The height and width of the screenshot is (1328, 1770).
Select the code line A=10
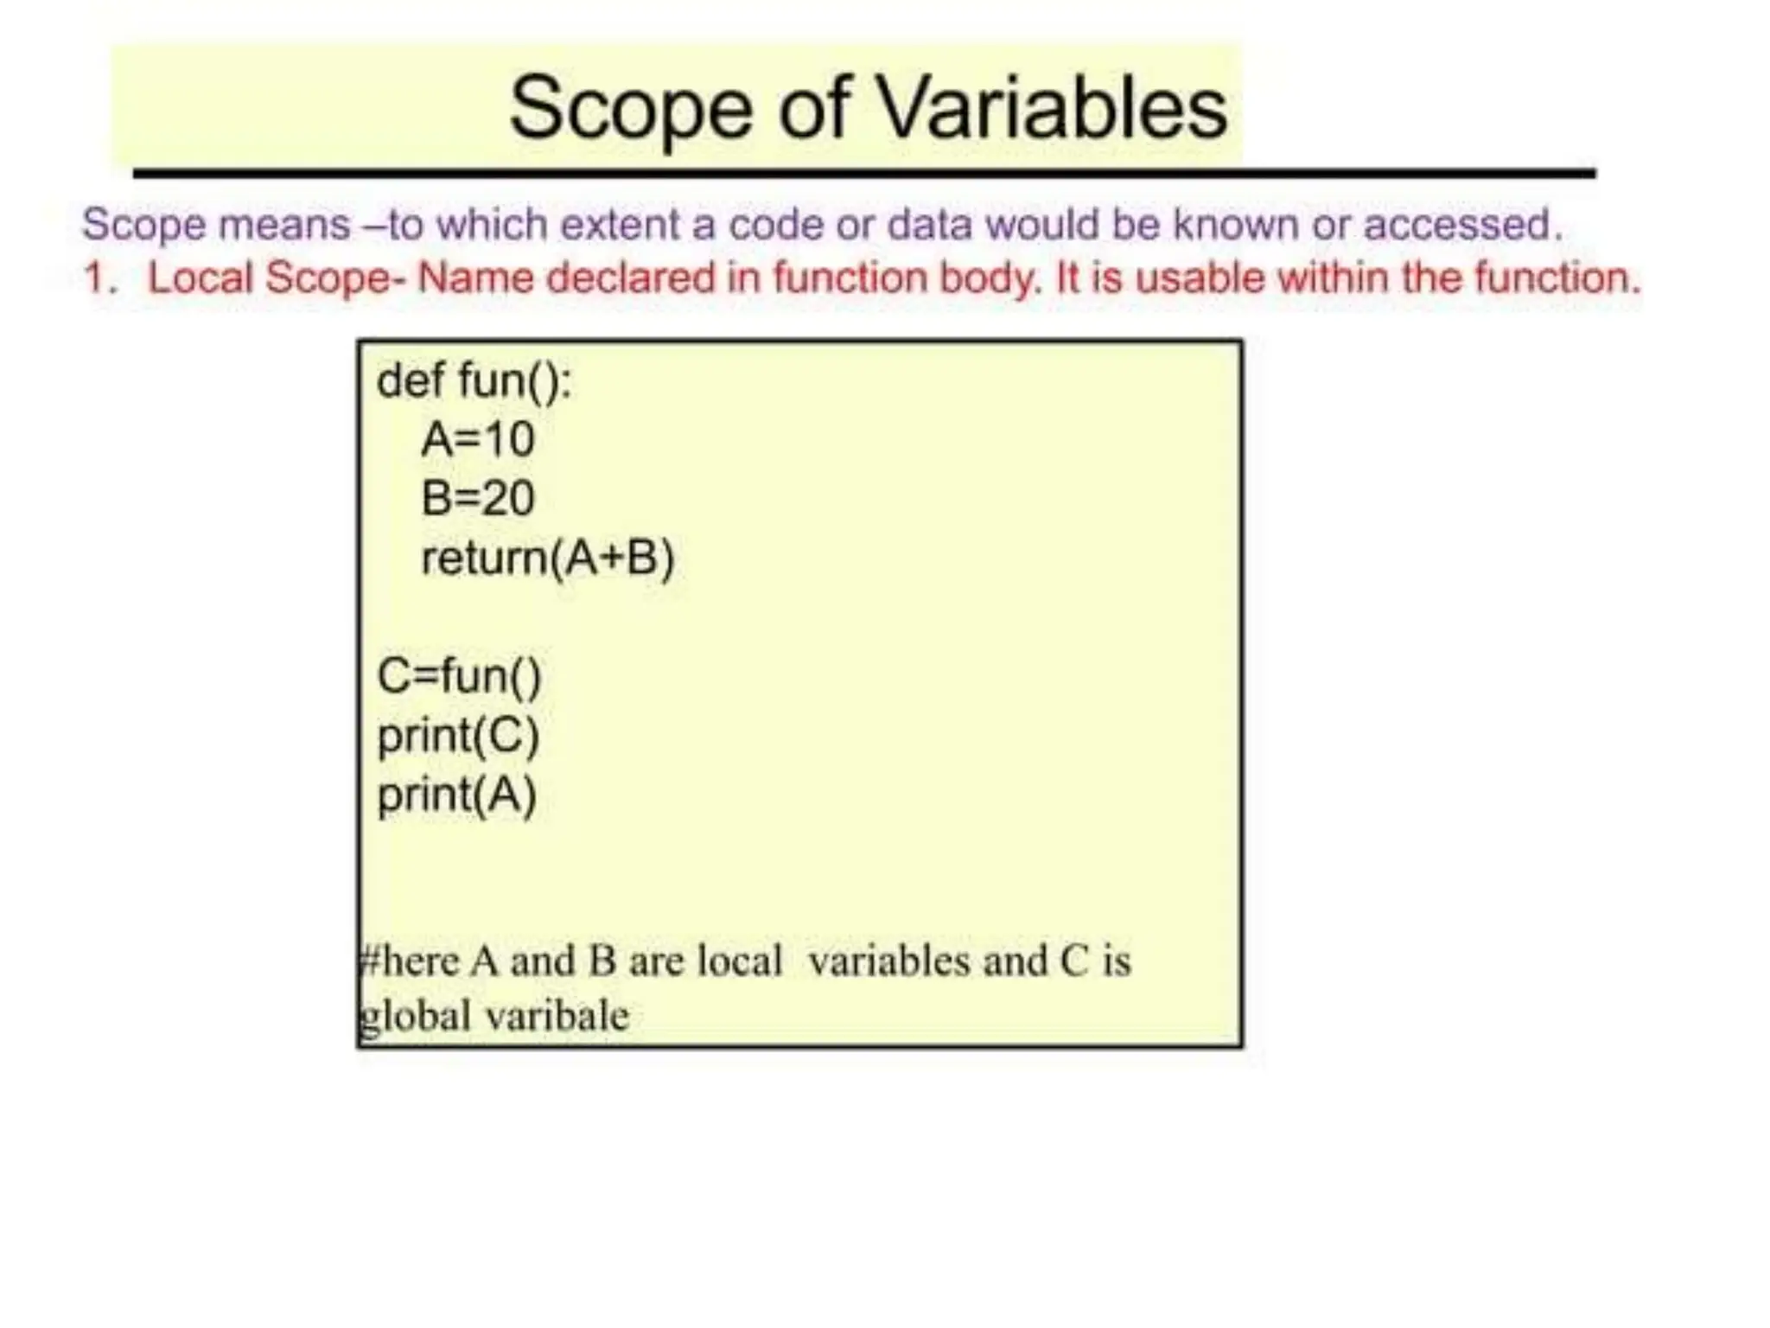478,439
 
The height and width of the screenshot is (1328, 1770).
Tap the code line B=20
478,499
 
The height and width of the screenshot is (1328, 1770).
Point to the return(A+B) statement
547,559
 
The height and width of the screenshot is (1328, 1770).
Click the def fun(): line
474,380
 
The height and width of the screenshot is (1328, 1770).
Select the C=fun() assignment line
459,676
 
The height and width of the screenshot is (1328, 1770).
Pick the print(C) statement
458,736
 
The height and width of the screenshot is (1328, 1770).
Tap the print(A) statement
457,795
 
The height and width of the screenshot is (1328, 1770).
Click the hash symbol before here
367,961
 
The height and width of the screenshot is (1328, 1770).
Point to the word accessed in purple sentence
1461,225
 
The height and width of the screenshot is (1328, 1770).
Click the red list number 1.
99,278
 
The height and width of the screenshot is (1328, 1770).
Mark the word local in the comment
739,961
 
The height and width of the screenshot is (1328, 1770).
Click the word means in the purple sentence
283,225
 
